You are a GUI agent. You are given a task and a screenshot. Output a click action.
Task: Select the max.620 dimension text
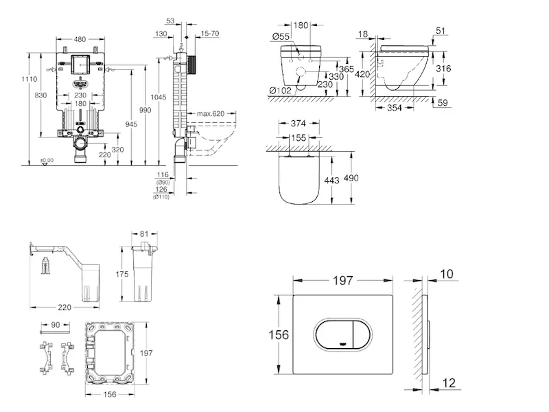click(x=211, y=113)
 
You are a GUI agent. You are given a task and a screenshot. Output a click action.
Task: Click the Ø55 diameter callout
click(x=280, y=36)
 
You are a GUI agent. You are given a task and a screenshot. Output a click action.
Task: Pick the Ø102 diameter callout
click(x=281, y=89)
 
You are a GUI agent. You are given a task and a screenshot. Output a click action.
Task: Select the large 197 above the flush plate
click(x=342, y=279)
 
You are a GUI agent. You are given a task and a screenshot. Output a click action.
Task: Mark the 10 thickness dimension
click(x=447, y=275)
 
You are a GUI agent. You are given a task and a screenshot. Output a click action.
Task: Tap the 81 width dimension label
click(x=144, y=234)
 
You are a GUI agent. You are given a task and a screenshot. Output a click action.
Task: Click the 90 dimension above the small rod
click(x=56, y=324)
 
